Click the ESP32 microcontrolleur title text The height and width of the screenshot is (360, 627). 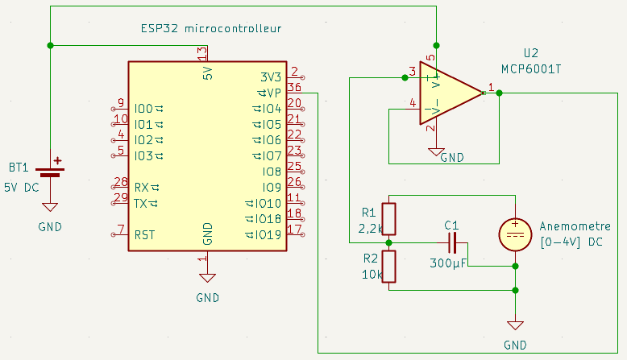click(x=211, y=28)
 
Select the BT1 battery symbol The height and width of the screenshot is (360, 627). click(x=51, y=172)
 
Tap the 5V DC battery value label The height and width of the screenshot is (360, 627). click(x=22, y=188)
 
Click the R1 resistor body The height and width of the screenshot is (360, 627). click(x=388, y=219)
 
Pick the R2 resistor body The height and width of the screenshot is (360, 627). click(x=388, y=267)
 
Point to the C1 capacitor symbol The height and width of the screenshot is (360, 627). click(x=452, y=243)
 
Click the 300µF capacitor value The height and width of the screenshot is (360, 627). click(x=448, y=263)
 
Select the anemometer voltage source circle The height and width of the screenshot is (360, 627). click(x=515, y=235)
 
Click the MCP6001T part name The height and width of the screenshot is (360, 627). click(x=531, y=69)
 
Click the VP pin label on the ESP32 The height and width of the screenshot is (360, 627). click(x=274, y=93)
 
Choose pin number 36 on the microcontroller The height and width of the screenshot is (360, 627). click(x=294, y=87)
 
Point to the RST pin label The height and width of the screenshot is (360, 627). click(x=144, y=235)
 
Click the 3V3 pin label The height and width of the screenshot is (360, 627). click(x=271, y=77)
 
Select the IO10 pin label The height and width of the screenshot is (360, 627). click(x=268, y=204)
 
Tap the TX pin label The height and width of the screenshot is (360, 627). click(x=141, y=204)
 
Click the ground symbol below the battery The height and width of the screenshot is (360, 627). click(x=51, y=207)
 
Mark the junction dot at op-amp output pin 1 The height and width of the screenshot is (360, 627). click(x=499, y=93)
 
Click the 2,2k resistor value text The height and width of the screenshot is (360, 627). click(x=370, y=229)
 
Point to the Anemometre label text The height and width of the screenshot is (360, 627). click(x=575, y=226)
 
